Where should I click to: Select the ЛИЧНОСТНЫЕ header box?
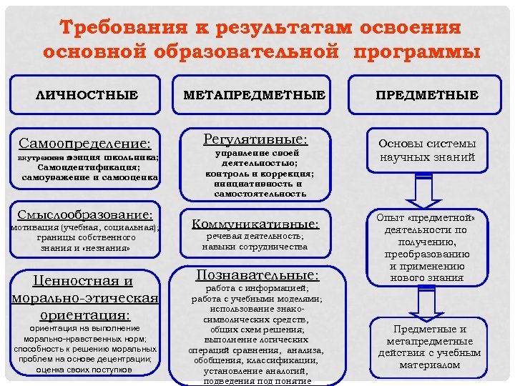pyautogui.click(x=87, y=94)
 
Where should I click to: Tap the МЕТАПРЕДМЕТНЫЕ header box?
pyautogui.click(x=254, y=94)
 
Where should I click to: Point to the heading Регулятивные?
pyautogui.click(x=255, y=137)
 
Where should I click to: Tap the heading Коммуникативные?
pyautogui.click(x=255, y=224)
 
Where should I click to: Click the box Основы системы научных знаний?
pyautogui.click(x=428, y=149)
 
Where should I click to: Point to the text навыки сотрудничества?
pyautogui.click(x=255, y=247)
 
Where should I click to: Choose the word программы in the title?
pyautogui.click(x=413, y=52)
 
